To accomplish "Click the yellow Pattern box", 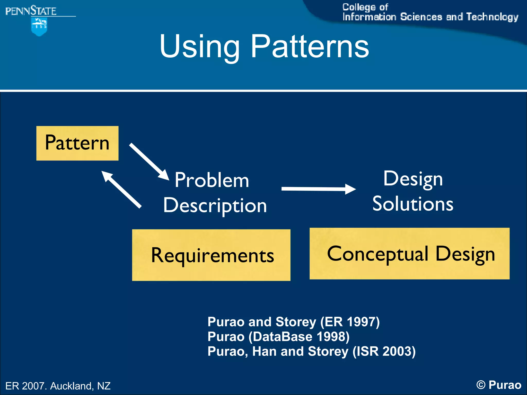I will point(77,143).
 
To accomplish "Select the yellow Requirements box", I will point(211,255).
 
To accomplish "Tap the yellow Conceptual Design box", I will point(409,254).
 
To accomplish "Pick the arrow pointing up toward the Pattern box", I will point(121,189).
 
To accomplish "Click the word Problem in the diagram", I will point(212,180).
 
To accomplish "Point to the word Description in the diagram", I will point(215,206).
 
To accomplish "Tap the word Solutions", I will point(413,204).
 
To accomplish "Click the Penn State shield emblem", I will point(39,26).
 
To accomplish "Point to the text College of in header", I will point(365,7).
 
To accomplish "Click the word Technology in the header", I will point(492,17).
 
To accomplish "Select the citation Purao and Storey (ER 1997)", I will point(293,322).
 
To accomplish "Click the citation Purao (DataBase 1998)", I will point(278,337).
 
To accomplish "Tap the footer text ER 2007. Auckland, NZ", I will point(58,386).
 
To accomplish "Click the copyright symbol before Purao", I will point(481,385).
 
